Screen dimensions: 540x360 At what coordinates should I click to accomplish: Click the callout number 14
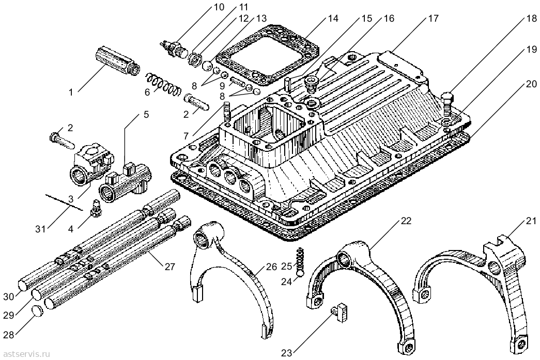332,18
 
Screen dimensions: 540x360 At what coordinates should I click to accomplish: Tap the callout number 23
287,353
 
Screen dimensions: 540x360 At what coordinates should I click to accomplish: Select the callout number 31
41,229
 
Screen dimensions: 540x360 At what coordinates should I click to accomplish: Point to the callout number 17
433,18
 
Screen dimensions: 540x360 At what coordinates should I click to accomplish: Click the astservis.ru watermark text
26,354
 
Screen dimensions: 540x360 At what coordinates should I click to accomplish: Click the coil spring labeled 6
163,85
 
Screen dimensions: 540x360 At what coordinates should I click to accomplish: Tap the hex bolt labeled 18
448,105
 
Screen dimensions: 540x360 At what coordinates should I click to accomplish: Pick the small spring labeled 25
301,259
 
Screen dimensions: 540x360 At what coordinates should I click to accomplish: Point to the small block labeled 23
339,312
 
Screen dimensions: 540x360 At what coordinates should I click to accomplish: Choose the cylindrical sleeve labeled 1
117,60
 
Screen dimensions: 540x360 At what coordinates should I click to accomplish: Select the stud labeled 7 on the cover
227,111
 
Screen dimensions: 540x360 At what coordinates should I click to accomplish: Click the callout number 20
531,84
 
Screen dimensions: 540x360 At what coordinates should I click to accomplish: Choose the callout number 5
146,115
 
